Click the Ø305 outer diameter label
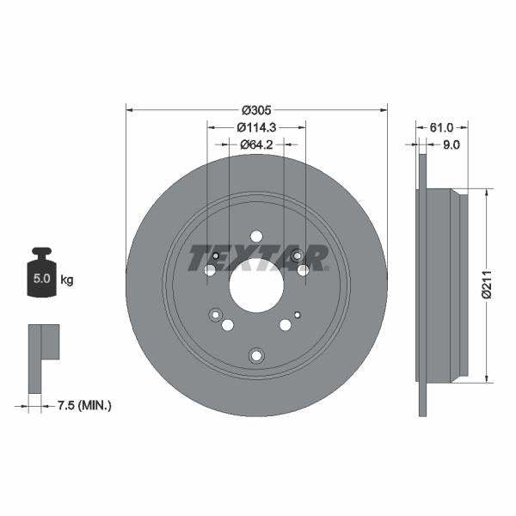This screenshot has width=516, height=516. [256, 110]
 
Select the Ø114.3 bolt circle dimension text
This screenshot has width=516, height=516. [256, 126]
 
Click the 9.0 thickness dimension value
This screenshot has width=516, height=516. [451, 144]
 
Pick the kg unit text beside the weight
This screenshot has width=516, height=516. [66, 279]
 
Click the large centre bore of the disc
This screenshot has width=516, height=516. [256, 286]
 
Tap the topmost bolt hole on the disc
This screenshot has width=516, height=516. [256, 236]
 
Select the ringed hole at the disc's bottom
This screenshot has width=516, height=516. [255, 354]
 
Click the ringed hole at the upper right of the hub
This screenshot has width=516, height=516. [297, 255]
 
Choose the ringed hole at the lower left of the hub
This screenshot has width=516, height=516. [215, 316]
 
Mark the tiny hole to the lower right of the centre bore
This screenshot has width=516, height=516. [298, 315]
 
